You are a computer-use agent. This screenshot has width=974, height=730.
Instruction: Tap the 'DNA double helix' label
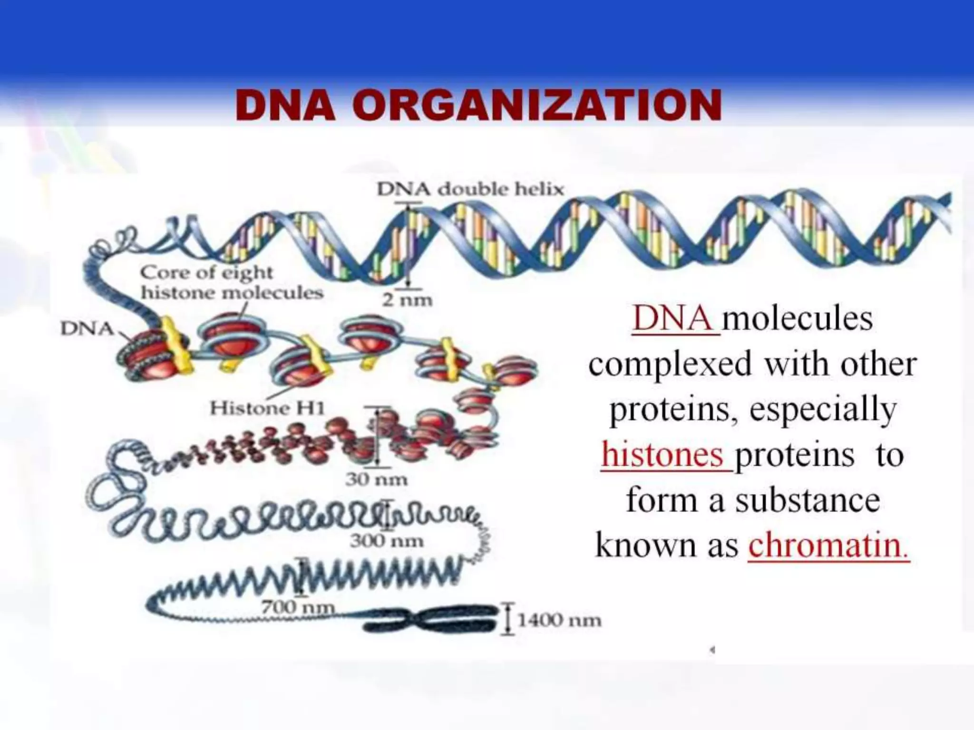[x=470, y=190]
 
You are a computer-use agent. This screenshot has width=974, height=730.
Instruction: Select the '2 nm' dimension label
[x=408, y=300]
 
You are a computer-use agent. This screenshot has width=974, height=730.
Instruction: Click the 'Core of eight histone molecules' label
[x=232, y=282]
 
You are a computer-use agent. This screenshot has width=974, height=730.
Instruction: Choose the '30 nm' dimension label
[x=376, y=480]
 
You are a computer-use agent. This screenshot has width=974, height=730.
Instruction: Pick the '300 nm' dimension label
[x=386, y=541]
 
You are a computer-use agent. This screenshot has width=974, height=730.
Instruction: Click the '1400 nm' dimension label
[x=559, y=620]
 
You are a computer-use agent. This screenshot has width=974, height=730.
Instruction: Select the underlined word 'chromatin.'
[x=828, y=546]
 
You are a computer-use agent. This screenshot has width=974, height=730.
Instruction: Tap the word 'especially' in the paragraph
[x=823, y=410]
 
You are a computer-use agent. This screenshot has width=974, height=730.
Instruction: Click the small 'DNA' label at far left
[x=87, y=328]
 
